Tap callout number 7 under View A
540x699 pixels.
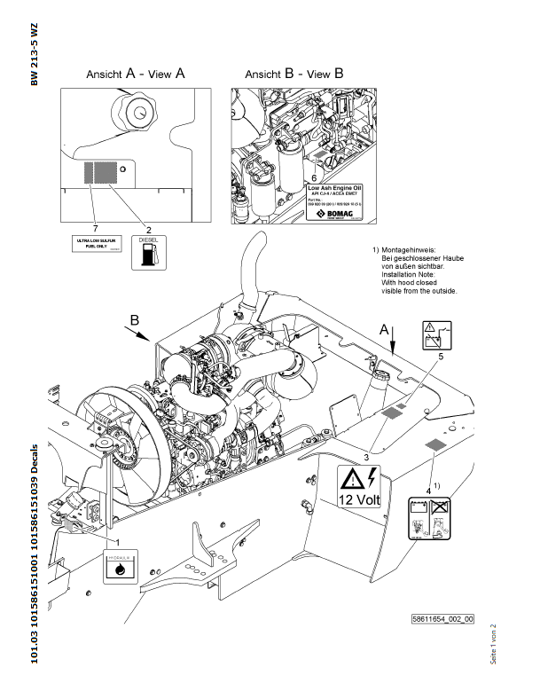(94, 206)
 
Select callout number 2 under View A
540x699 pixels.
(147, 206)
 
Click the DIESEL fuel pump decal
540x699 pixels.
(147, 251)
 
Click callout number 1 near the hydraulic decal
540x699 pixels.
(118, 539)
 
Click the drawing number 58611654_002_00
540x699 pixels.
(442, 618)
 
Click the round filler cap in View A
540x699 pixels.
(134, 112)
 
